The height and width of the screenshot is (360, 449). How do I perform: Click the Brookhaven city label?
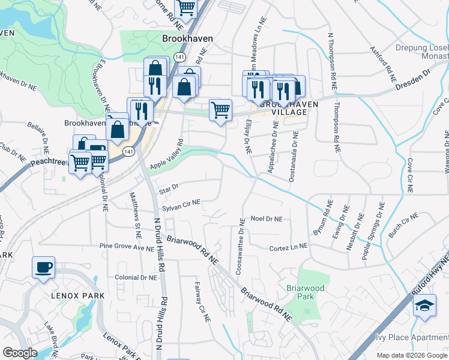187,37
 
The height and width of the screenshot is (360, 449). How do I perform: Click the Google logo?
20,353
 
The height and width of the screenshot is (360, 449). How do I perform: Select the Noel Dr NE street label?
267,220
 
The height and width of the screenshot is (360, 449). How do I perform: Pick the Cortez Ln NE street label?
288,247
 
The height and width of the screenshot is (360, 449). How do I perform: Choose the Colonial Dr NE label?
136,278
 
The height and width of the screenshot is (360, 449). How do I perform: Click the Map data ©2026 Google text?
411,355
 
